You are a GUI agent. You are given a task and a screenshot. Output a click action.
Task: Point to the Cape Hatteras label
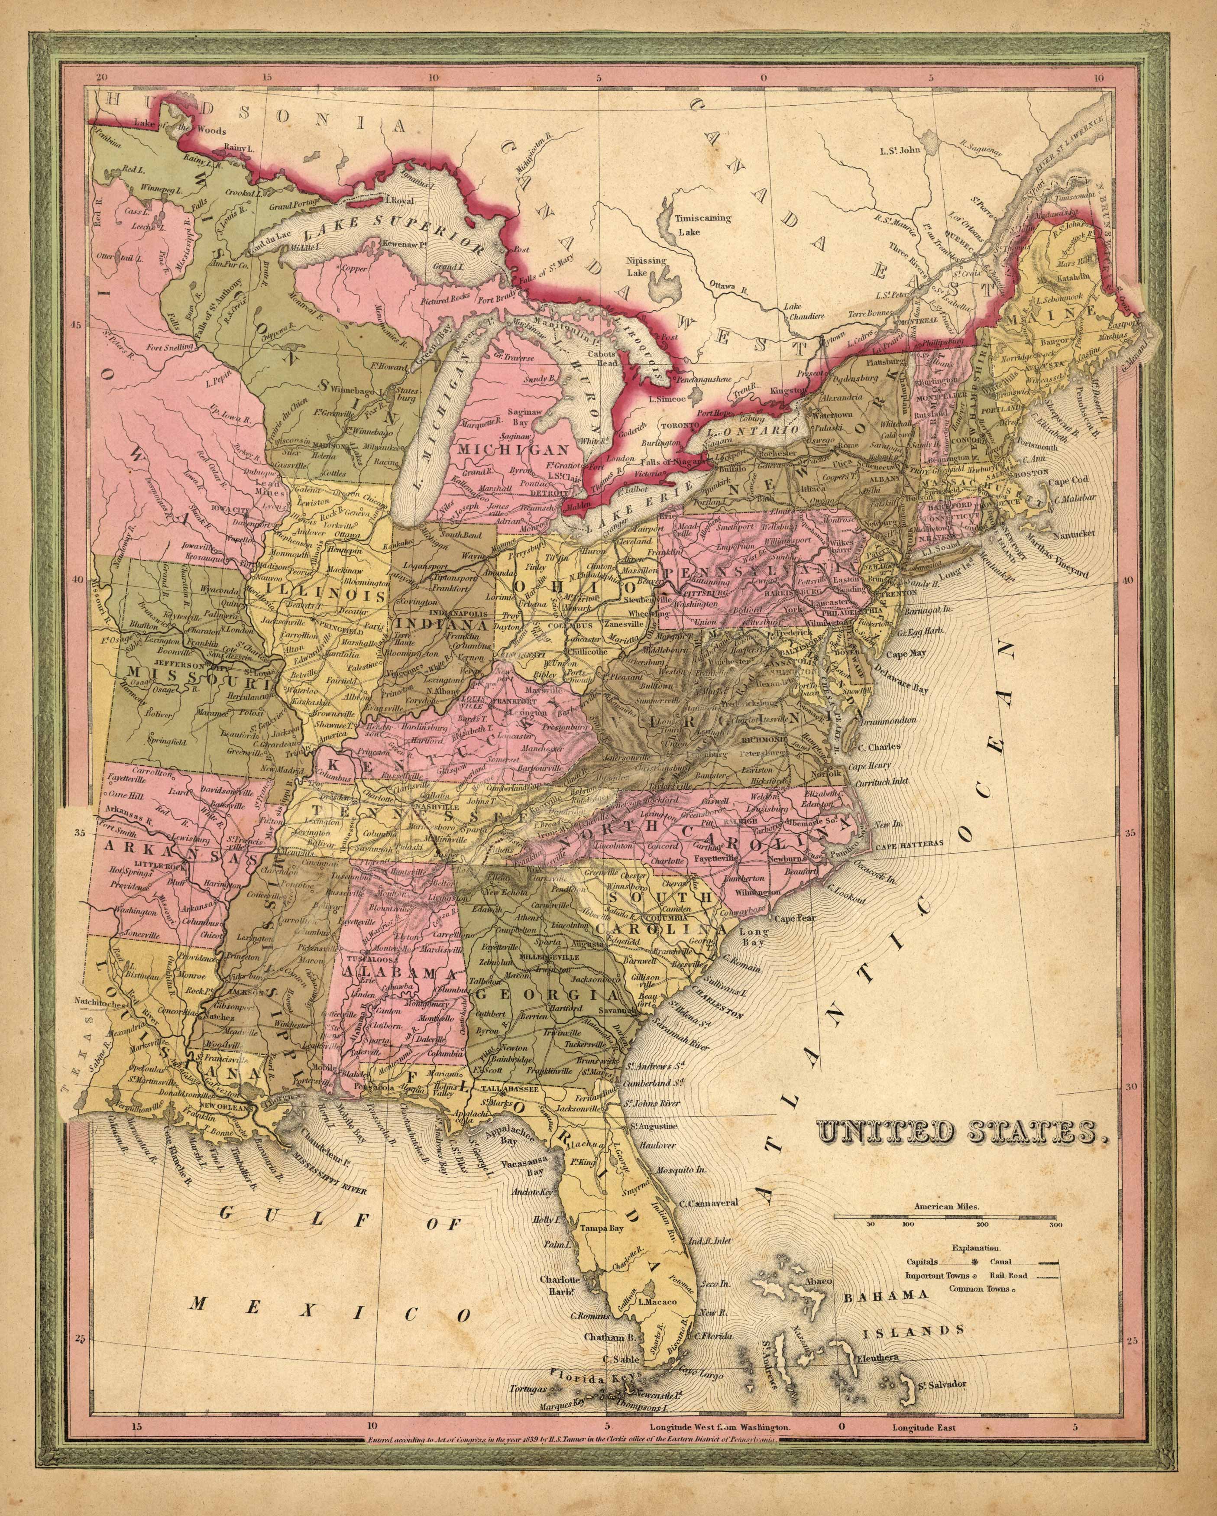[x=913, y=849]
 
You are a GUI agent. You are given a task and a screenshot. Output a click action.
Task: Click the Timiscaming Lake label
[x=703, y=223]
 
